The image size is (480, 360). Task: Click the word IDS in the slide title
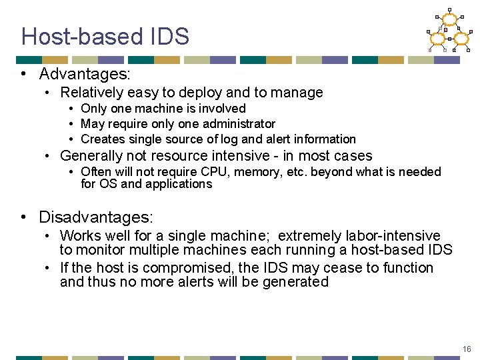click(169, 36)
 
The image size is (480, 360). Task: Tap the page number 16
click(466, 349)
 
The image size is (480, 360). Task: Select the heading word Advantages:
click(85, 73)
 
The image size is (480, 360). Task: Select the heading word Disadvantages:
click(96, 217)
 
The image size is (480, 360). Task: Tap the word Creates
click(101, 139)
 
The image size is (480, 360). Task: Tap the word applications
click(177, 183)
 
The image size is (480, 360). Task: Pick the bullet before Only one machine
click(70, 109)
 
